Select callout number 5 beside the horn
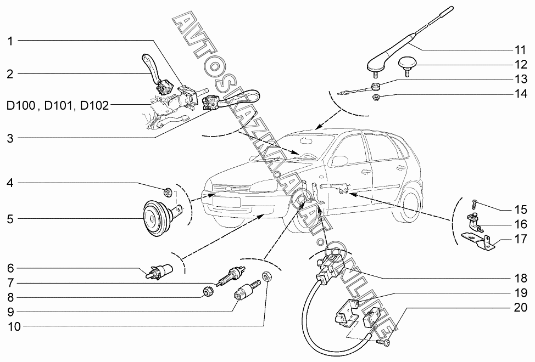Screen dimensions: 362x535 10,219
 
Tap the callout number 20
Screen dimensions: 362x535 520,308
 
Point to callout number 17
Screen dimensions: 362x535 520,240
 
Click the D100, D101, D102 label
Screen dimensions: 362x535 57,104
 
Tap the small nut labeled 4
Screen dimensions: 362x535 169,192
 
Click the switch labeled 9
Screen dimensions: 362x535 242,292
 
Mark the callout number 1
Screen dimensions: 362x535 10,41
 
